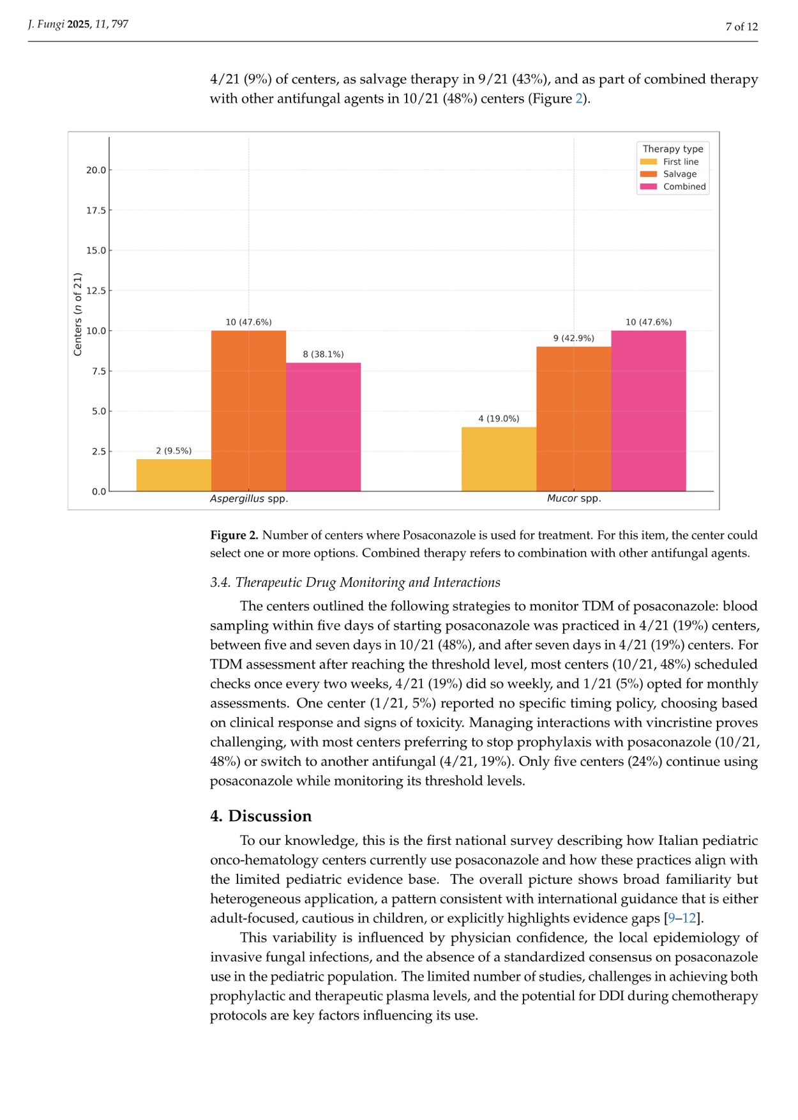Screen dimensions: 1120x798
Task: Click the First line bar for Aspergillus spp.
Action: coord(174,475)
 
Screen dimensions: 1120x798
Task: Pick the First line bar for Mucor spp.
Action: coord(499,459)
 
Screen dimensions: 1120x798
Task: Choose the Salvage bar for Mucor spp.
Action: coord(573,419)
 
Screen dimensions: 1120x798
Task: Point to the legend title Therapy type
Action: coord(673,149)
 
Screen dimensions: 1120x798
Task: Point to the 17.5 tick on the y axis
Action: coord(96,210)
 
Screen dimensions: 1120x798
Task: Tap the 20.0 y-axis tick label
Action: coord(96,170)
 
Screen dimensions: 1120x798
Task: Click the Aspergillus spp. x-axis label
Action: coord(249,499)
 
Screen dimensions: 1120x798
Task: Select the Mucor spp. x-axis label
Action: coord(574,499)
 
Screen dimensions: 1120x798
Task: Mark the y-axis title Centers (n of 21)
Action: coord(78,314)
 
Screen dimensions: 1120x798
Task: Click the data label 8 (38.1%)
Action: coord(323,354)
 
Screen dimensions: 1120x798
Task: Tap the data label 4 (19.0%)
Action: coord(499,419)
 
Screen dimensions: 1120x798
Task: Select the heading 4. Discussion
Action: coord(261,816)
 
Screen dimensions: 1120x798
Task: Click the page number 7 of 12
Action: coord(741,27)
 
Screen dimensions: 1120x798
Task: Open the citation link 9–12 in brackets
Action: coord(682,918)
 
